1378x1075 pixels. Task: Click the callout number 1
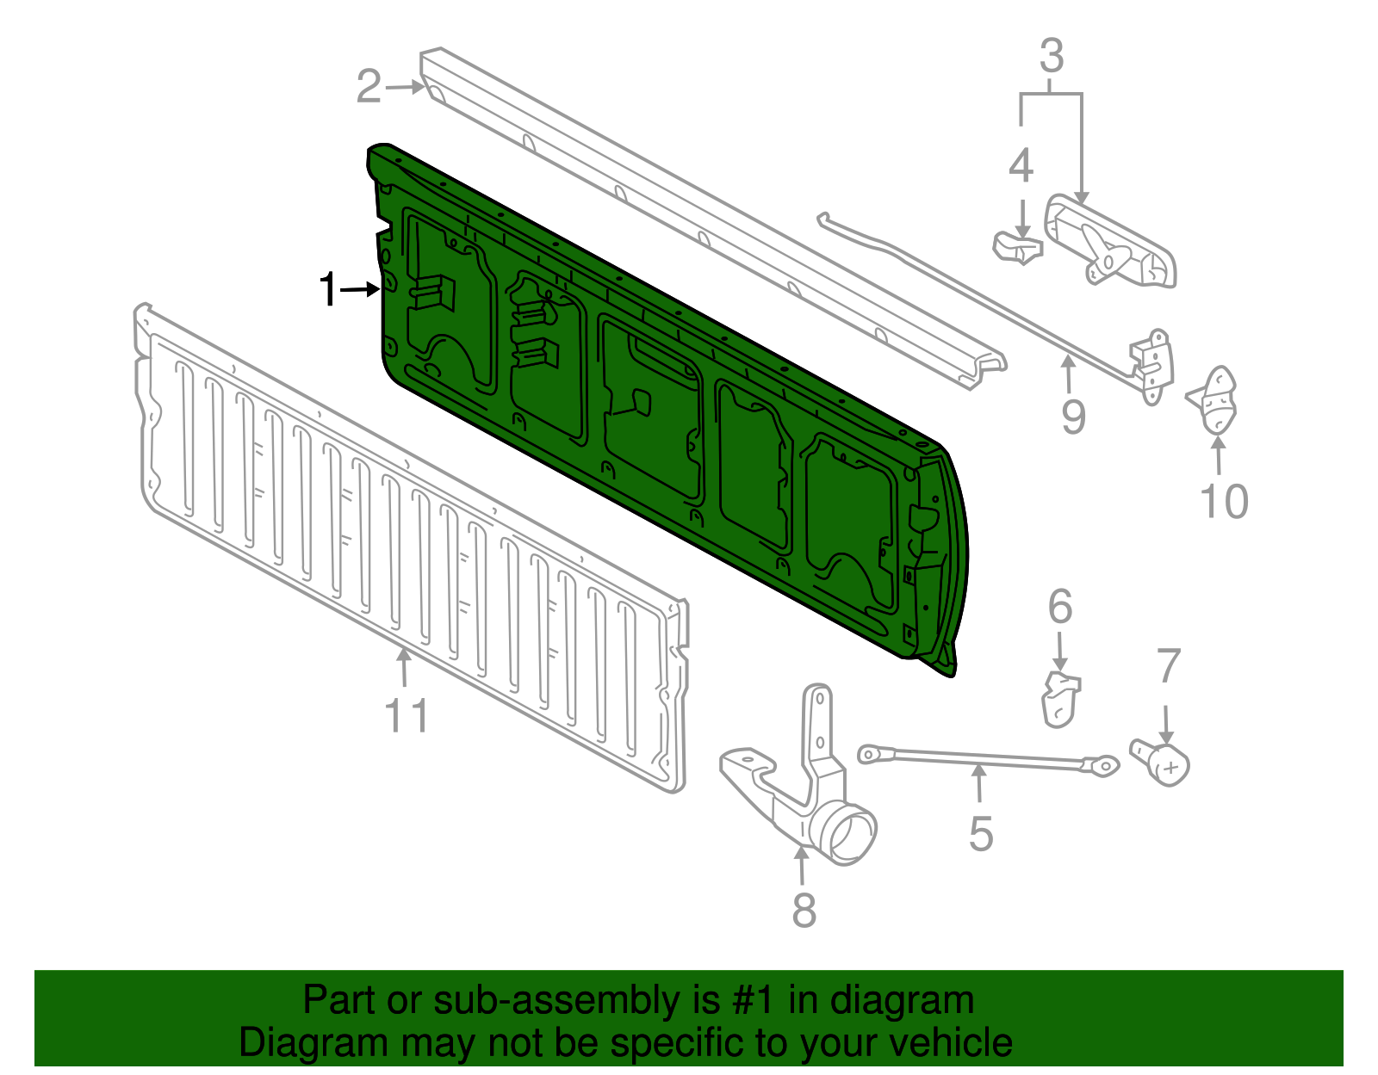pos(327,290)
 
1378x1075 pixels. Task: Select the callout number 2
pos(369,87)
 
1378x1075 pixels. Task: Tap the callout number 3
pos(1052,57)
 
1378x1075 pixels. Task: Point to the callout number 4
pos(1021,166)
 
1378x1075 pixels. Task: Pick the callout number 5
pos(981,834)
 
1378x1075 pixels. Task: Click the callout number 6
pos(1060,608)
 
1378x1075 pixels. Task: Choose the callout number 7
pos(1168,667)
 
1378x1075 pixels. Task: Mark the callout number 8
pos(804,910)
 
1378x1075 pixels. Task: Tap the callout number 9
pos(1073,417)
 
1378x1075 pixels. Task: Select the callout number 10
pos(1224,501)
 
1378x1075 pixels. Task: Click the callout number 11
pos(406,716)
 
